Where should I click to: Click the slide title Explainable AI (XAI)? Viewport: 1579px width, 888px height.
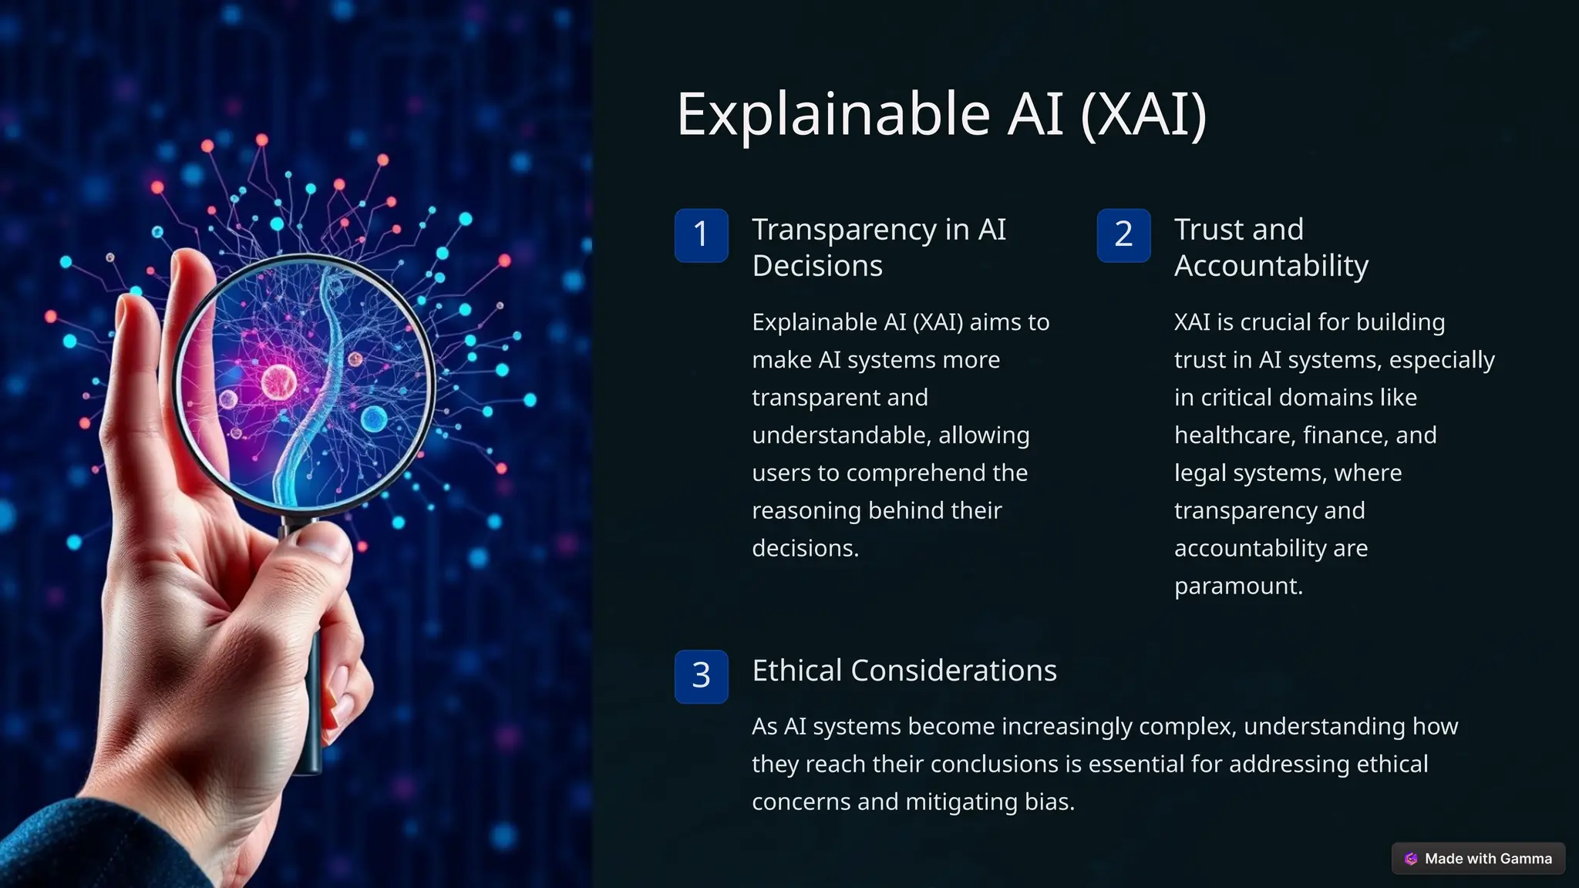pos(941,114)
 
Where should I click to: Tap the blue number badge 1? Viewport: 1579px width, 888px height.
pos(701,235)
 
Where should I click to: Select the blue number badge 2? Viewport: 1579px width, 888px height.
pos(1123,235)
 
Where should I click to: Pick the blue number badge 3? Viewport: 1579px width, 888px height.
pos(701,676)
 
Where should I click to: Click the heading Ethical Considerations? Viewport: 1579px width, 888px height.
pos(904,671)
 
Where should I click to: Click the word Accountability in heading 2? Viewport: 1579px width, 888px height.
pos(1271,266)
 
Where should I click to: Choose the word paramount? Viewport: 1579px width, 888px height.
pos(1237,587)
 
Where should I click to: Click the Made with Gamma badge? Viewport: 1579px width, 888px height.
pos(1478,859)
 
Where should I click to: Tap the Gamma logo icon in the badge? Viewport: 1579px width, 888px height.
pos(1411,859)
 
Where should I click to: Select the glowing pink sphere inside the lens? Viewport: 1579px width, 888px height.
pos(278,381)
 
